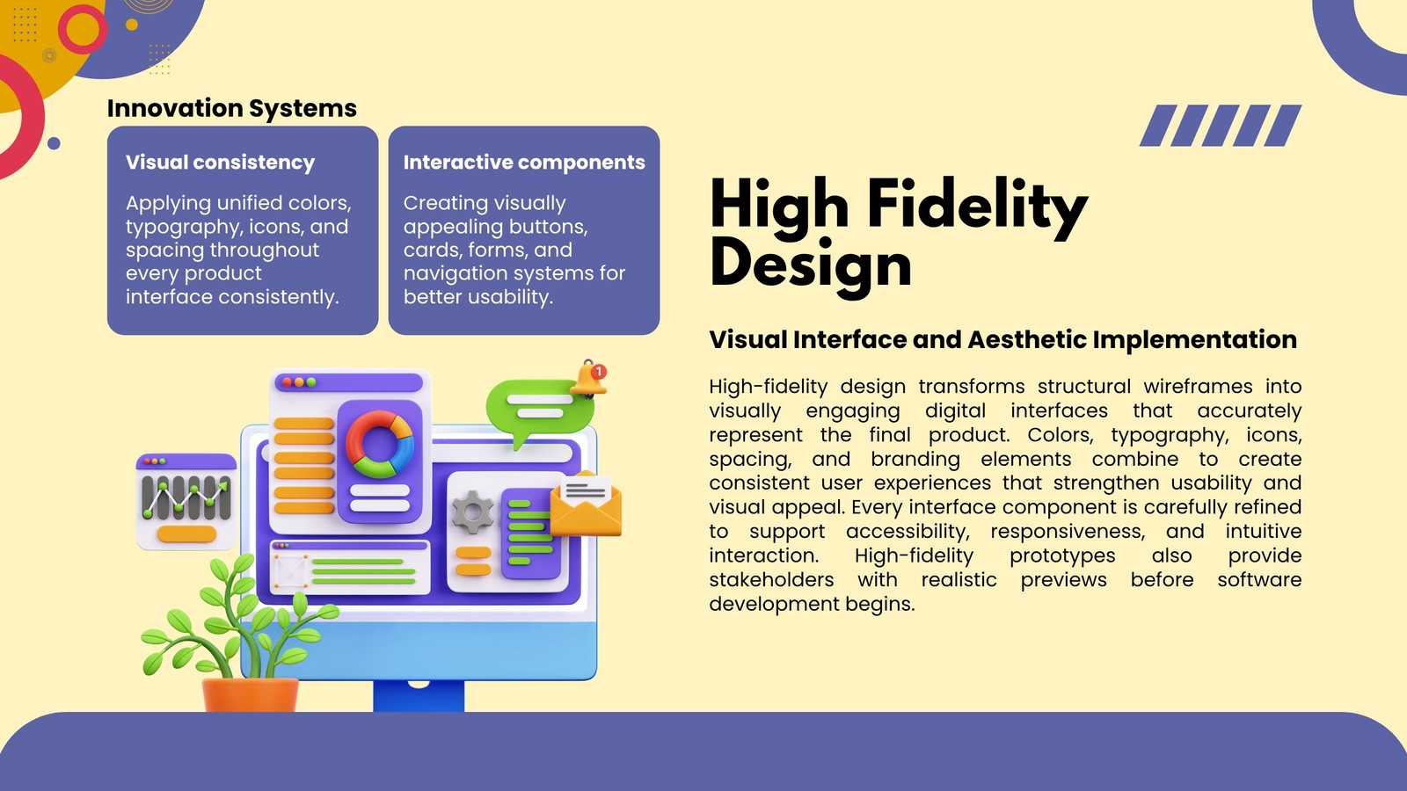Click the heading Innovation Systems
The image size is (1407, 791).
(232, 109)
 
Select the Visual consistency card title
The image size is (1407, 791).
(220, 163)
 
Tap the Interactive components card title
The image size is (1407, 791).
(524, 163)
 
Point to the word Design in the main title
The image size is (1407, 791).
(810, 265)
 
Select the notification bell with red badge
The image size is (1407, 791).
(589, 379)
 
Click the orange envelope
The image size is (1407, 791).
(586, 504)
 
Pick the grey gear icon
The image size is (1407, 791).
(473, 512)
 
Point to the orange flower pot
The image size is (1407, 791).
(250, 694)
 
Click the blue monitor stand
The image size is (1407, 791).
(419, 695)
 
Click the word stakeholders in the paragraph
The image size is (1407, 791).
(771, 579)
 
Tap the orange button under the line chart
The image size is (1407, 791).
(186, 534)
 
